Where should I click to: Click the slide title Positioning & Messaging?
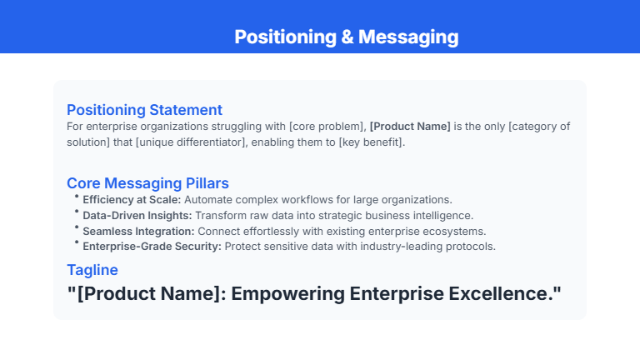coord(346,37)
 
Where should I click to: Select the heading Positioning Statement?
coord(144,110)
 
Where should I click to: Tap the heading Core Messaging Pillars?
coord(147,183)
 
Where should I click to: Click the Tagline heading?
coord(92,270)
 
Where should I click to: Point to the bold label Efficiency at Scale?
coord(132,200)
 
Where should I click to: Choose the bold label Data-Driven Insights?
coord(137,215)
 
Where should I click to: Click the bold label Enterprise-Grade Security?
coord(152,247)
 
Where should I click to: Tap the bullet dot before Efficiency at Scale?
coord(76,197)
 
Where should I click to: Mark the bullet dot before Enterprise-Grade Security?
coord(76,243)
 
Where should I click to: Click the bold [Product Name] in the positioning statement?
coord(410,127)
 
